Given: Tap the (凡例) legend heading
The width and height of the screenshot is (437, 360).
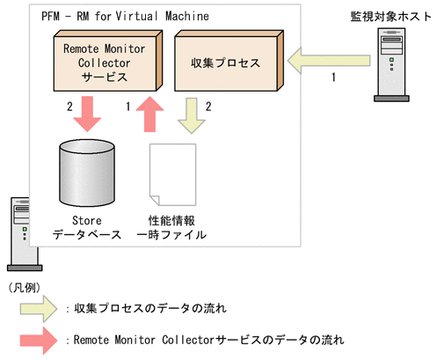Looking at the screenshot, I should click(x=25, y=287).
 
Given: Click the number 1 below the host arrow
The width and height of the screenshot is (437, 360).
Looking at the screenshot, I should click(x=332, y=79).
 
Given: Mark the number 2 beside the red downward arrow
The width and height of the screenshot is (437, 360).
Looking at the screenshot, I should click(x=58, y=107).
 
